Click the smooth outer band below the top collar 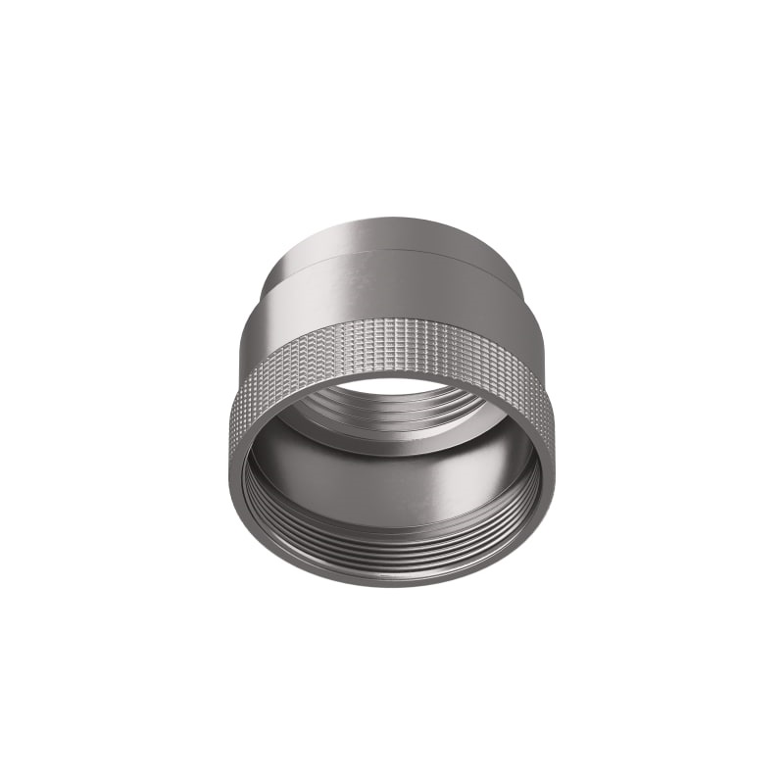392,294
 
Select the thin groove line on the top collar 392,251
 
